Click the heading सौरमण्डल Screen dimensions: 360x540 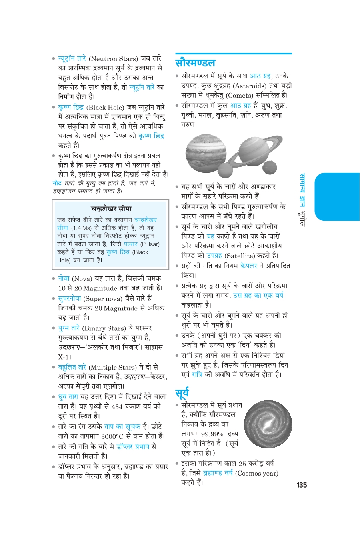click(x=195, y=63)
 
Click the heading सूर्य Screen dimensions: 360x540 click(x=182, y=393)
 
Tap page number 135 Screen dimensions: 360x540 click(x=302, y=485)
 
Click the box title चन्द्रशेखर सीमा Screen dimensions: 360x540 click(x=111, y=208)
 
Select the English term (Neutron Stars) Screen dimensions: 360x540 click(x=113, y=58)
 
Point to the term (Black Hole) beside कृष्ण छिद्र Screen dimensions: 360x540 click(x=105, y=107)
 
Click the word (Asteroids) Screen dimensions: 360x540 click(x=250, y=86)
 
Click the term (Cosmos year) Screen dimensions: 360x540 click(x=257, y=473)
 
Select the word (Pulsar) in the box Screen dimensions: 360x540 click(x=150, y=244)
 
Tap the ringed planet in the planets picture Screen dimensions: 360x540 click(x=252, y=150)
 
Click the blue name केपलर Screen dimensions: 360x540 click(x=249, y=266)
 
